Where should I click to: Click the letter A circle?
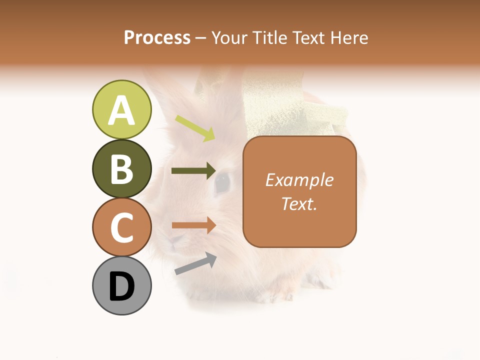click(121, 109)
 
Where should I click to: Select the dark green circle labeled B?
click(121, 168)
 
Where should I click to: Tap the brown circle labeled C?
click(121, 227)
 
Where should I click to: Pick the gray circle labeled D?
click(121, 285)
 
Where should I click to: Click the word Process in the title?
click(157, 37)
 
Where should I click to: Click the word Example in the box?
click(299, 180)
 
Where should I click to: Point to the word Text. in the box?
click(299, 203)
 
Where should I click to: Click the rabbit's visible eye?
click(222, 183)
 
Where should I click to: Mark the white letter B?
click(121, 169)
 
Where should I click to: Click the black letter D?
click(121, 286)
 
